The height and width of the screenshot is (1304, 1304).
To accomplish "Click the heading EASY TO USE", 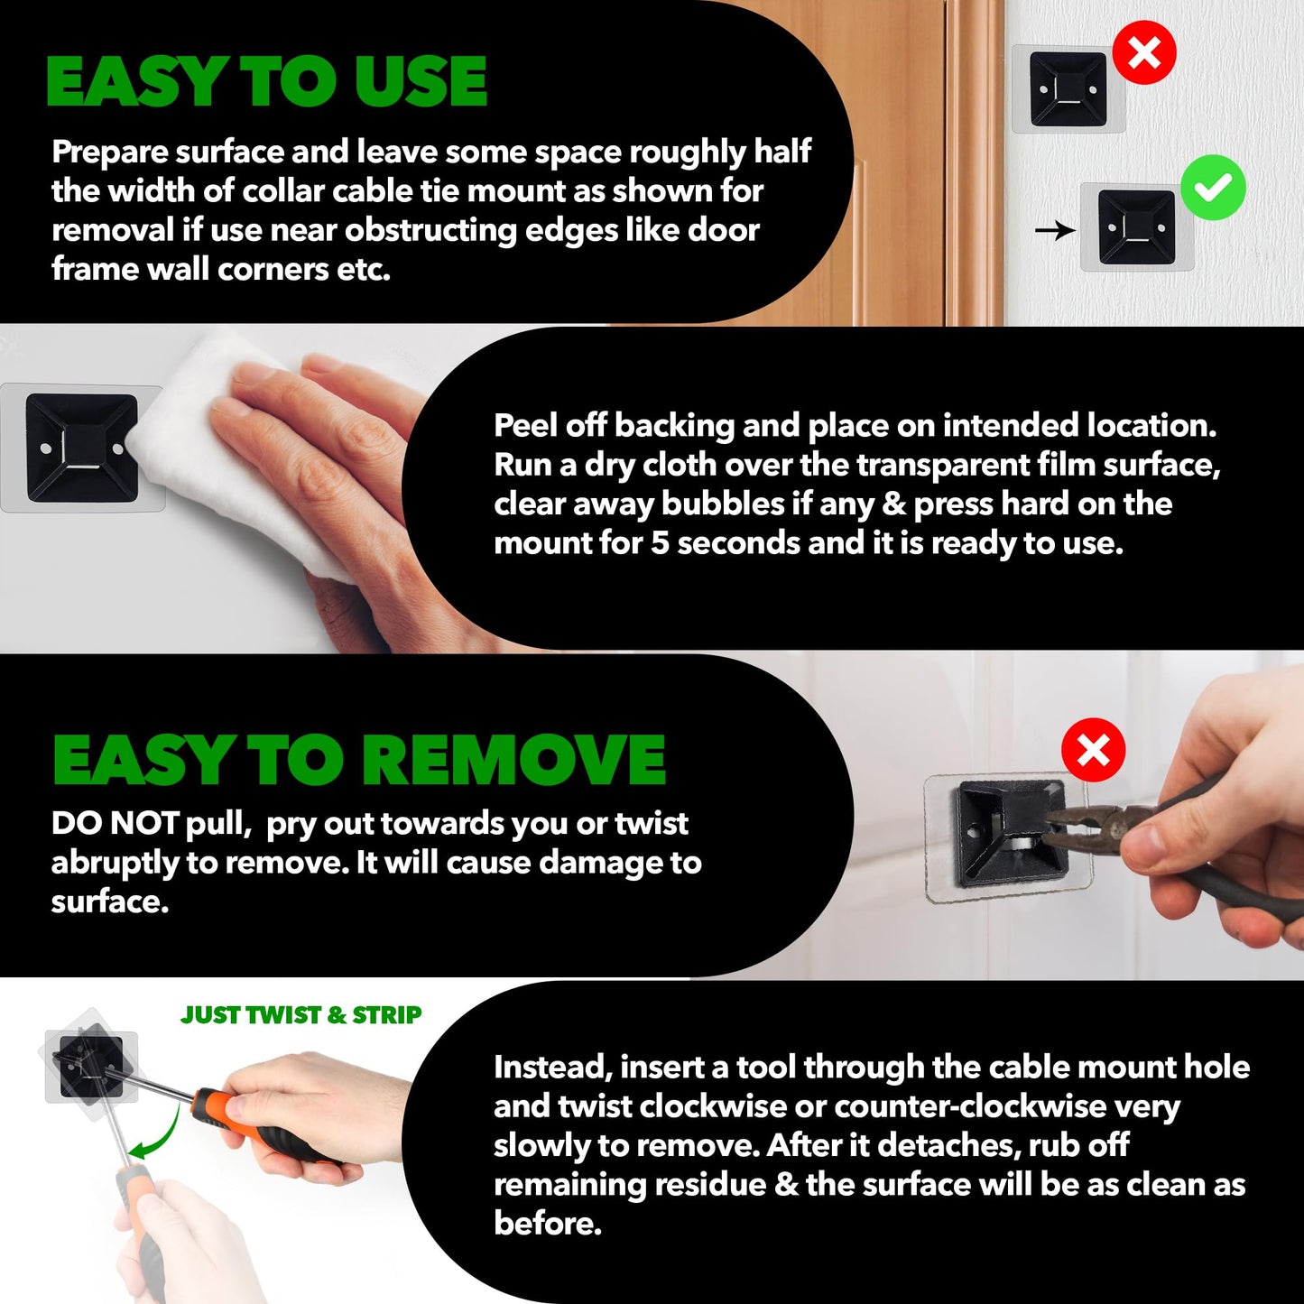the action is (266, 82).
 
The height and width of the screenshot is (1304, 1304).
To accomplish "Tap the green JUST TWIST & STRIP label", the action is (301, 1015).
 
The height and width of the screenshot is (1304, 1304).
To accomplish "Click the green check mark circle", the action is (1213, 188).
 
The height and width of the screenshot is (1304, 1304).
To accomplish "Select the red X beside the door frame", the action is (1144, 52).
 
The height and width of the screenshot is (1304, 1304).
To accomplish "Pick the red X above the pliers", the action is (1093, 750).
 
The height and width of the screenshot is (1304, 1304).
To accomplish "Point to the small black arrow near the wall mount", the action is (1055, 231).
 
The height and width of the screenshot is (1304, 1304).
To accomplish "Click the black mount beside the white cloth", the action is (82, 448).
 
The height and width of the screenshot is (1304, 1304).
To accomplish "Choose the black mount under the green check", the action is (1136, 227).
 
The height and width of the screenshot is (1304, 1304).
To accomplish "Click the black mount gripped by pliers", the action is (1008, 832).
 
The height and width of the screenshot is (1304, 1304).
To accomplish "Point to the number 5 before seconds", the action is (660, 543).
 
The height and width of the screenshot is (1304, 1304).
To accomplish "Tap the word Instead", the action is (553, 1068).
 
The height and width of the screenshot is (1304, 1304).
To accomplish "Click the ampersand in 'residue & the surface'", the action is (786, 1185).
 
